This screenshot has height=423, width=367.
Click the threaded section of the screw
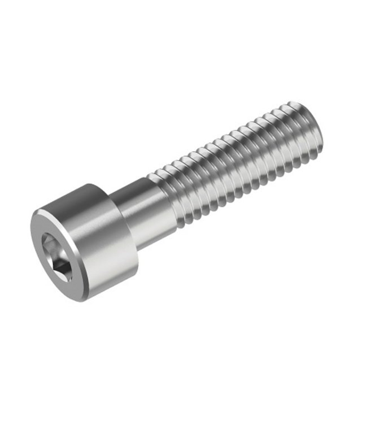[237, 164]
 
